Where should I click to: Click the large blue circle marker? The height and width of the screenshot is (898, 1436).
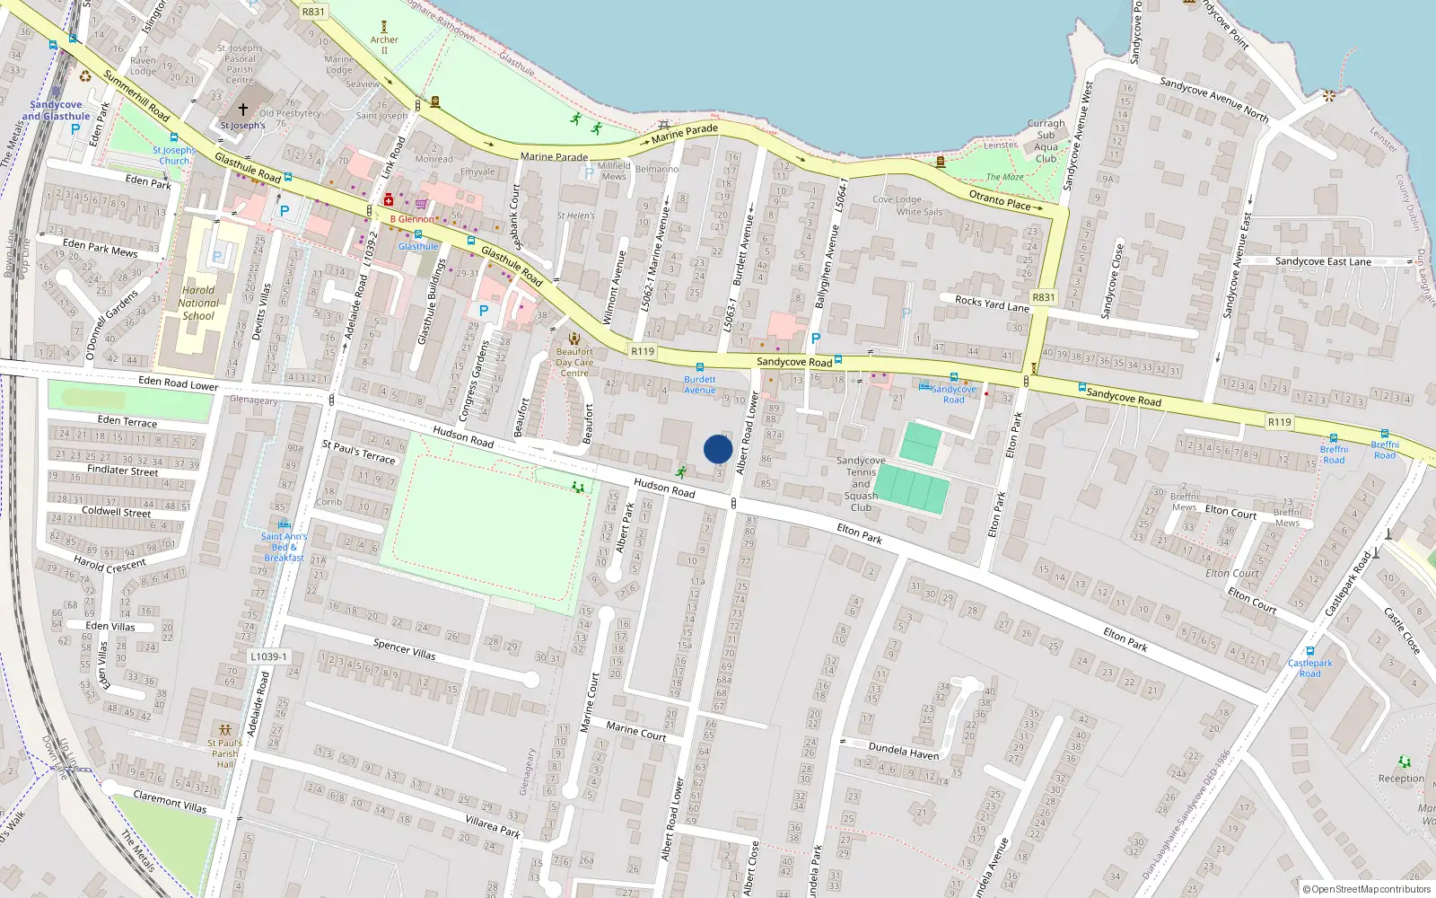click(718, 449)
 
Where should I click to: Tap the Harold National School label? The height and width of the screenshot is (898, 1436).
click(199, 304)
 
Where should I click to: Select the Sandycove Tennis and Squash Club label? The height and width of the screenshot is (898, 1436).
click(861, 484)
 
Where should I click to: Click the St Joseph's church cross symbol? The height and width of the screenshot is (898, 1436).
click(242, 110)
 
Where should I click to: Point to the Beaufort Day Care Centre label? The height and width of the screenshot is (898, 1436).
click(574, 363)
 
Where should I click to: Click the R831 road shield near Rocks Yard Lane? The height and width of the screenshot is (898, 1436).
click(1043, 297)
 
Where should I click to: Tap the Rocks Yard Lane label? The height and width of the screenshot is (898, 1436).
click(991, 304)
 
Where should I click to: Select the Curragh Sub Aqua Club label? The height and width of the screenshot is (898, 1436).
click(1046, 141)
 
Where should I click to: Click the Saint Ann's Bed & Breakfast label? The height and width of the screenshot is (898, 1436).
click(284, 547)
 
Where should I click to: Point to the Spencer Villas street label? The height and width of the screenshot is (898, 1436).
click(404, 649)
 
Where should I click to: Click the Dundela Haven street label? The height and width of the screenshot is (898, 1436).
click(904, 751)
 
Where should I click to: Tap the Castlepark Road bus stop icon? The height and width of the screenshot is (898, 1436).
click(1310, 651)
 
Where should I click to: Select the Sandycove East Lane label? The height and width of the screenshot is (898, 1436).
click(1323, 261)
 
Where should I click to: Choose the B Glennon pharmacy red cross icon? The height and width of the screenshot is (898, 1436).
click(389, 200)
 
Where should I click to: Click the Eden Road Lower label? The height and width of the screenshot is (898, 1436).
click(178, 383)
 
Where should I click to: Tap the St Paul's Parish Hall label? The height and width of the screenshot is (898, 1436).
click(225, 753)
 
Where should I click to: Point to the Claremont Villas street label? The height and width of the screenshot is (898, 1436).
click(170, 801)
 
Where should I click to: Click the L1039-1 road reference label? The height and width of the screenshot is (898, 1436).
click(268, 656)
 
